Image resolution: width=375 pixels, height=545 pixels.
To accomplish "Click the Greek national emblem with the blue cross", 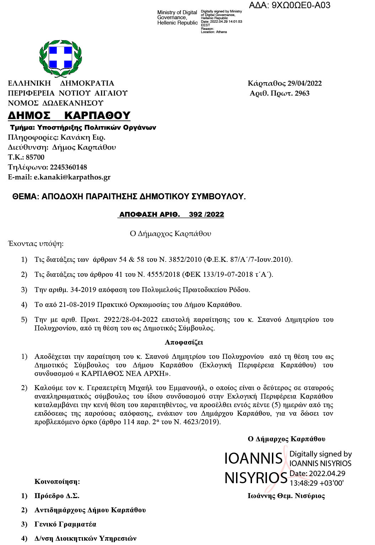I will click(60, 58).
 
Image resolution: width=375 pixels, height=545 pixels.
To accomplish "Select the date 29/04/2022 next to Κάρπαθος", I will click(305, 83).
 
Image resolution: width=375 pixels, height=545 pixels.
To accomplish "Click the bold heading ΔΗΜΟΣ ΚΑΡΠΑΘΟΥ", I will click(69, 115).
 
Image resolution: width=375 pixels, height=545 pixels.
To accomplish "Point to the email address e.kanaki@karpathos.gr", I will click(72, 177).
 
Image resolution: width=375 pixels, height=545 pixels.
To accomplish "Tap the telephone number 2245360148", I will click(68, 167).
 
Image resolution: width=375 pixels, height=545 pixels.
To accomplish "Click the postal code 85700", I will click(35, 157).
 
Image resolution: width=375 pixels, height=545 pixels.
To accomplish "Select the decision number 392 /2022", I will click(207, 215).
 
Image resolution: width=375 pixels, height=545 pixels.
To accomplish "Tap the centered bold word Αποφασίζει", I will click(184, 342).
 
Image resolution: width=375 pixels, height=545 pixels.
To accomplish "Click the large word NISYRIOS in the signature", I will click(256, 478).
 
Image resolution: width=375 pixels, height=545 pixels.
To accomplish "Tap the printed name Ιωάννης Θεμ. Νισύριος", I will click(286, 496).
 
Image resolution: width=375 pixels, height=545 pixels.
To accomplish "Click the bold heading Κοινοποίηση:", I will click(57, 482).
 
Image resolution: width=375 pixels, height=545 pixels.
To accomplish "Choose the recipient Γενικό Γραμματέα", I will click(65, 524).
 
